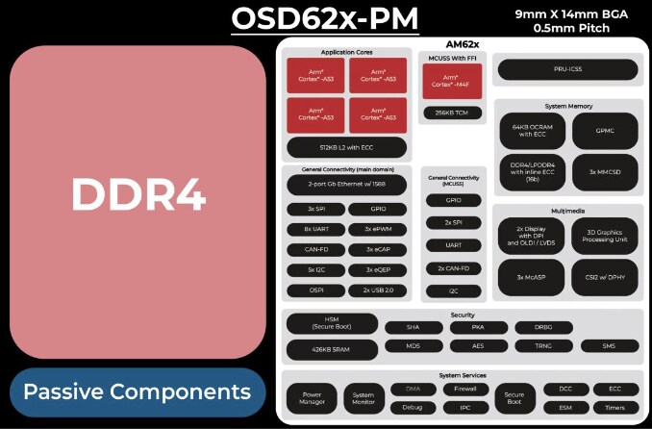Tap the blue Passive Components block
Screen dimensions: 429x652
138,392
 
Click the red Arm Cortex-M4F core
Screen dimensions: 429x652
453,81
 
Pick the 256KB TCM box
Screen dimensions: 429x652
453,113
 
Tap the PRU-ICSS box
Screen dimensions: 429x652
566,69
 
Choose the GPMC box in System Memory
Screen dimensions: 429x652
604,131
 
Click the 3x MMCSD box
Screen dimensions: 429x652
604,171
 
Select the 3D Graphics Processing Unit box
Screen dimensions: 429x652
604,237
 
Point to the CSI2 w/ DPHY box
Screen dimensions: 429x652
604,277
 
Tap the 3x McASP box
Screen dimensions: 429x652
531,277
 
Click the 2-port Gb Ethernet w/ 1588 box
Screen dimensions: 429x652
345,184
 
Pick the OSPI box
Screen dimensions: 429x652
314,290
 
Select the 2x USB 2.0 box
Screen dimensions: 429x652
376,290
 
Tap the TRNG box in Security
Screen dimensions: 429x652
544,346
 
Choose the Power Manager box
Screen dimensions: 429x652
313,397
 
